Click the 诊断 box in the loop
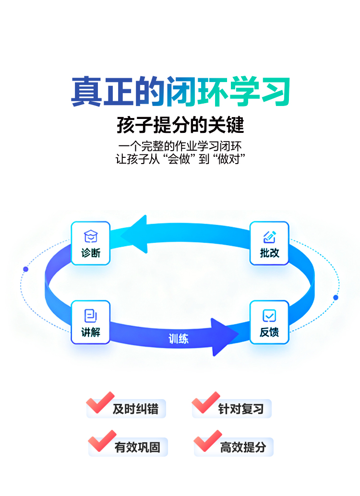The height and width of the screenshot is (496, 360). pos(91,243)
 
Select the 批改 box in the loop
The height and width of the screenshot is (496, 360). pos(269,243)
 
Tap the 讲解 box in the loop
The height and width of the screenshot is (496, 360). pos(91,322)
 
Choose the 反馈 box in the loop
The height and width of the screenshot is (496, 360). pos(269,322)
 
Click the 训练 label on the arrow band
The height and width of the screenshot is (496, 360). pos(179,339)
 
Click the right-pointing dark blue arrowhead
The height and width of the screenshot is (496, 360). pos(223,337)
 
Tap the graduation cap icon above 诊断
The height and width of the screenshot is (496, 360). pos(91,236)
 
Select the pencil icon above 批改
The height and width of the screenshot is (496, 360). pos(269,236)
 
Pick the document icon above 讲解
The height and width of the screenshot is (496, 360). pos(91,315)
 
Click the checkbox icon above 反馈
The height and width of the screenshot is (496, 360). pos(269,316)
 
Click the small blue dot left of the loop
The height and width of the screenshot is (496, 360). pos(26,269)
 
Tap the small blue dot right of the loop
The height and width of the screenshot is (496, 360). pos(336,297)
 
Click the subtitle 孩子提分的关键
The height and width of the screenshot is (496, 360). pos(180,125)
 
